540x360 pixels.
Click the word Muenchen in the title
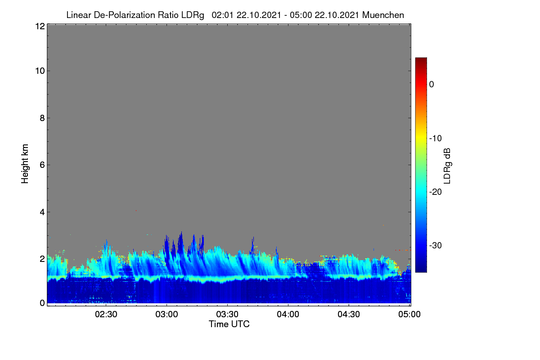pyautogui.click(x=383, y=15)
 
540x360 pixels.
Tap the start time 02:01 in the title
pyautogui.click(x=222, y=15)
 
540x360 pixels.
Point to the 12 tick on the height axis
pyautogui.click(x=40, y=26)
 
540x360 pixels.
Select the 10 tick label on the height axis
pyautogui.click(x=40, y=71)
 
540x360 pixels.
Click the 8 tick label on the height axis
pyautogui.click(x=42, y=118)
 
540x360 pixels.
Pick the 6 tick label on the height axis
pyautogui.click(x=42, y=165)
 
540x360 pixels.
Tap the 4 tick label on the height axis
pyautogui.click(x=42, y=212)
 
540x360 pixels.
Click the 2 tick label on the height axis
pyautogui.click(x=42, y=259)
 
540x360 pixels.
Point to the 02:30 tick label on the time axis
pyautogui.click(x=106, y=315)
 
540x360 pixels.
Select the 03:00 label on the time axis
pyautogui.click(x=166, y=315)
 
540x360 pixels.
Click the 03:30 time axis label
pyautogui.click(x=227, y=315)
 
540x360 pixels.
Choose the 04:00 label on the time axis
pyautogui.click(x=288, y=315)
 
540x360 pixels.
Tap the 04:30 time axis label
pyautogui.click(x=349, y=315)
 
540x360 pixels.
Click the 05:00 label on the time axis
pyautogui.click(x=409, y=315)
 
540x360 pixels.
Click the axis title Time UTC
pyautogui.click(x=229, y=324)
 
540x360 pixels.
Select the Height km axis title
pyautogui.click(x=25, y=164)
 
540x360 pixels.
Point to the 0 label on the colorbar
pyautogui.click(x=432, y=85)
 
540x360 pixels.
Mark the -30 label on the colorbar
pyautogui.click(x=436, y=245)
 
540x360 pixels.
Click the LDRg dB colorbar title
pyautogui.click(x=447, y=166)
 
